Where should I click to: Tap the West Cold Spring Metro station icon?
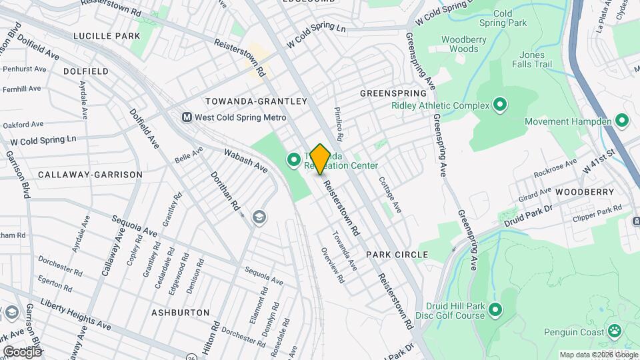pyautogui.click(x=188, y=117)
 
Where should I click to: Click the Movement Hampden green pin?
pyautogui.click(x=622, y=121)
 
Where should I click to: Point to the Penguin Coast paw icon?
pyautogui.click(x=614, y=331)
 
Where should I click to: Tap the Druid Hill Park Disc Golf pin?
pyautogui.click(x=495, y=309)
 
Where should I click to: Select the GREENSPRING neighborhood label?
pyautogui.click(x=393, y=93)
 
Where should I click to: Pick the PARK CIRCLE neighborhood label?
pyautogui.click(x=397, y=255)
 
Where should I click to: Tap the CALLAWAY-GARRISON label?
pyautogui.click(x=90, y=175)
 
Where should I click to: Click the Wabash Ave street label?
pyautogui.click(x=245, y=160)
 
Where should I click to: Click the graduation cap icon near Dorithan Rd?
pyautogui.click(x=259, y=216)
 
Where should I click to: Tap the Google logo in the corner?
pyautogui.click(x=22, y=351)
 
